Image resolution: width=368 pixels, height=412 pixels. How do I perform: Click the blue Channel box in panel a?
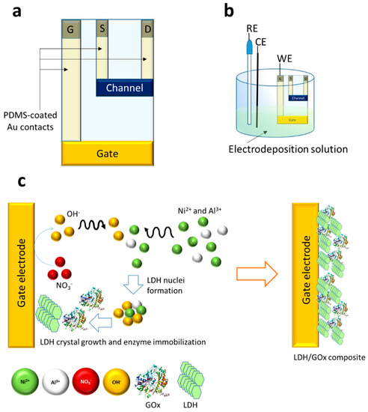click(128, 88)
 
